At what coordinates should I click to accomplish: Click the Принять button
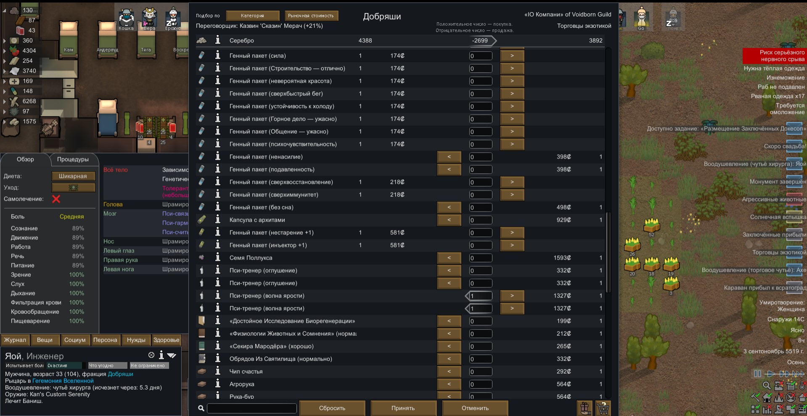tap(403, 408)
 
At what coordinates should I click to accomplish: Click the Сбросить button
tap(332, 408)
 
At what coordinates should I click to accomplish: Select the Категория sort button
tap(252, 16)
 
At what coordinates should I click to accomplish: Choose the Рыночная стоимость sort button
tap(311, 16)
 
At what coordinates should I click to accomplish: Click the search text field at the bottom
tap(251, 408)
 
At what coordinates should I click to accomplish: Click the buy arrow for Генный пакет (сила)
tap(512, 56)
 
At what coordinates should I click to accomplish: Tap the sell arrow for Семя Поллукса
tap(449, 258)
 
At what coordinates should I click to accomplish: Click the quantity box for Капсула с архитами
tap(481, 220)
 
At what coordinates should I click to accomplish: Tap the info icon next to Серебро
tap(217, 40)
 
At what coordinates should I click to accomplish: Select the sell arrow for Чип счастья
tap(449, 371)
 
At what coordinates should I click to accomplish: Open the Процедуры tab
tap(73, 159)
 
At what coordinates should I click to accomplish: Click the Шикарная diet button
tap(73, 176)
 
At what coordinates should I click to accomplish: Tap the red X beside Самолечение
tap(56, 199)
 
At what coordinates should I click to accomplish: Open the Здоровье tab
tap(166, 340)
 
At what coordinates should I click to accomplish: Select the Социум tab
tap(75, 340)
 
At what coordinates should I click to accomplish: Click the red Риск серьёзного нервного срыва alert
tap(774, 56)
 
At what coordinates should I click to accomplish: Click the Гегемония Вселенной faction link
tap(63, 381)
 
